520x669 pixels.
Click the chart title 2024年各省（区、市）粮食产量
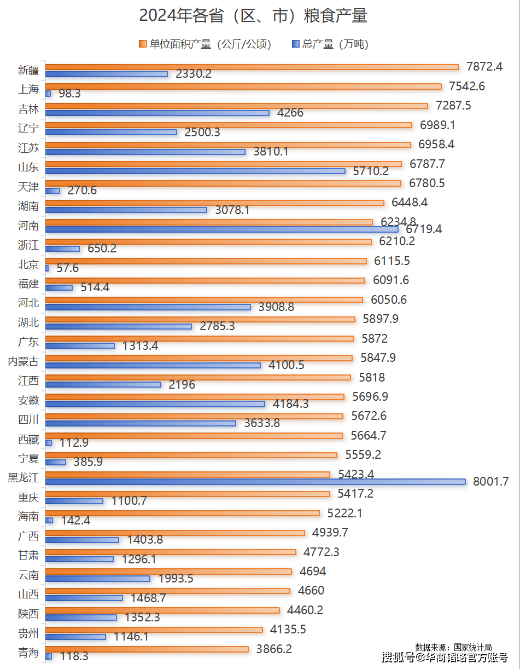[x=253, y=16]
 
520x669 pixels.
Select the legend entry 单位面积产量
[x=206, y=44]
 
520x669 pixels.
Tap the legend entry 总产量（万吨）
[x=331, y=44]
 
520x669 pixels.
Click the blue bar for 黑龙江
[x=255, y=482]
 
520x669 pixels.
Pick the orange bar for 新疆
[x=252, y=67]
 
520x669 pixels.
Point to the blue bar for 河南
[x=221, y=229]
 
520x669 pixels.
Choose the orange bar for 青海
[x=147, y=649]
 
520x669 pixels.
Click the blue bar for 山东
[x=195, y=171]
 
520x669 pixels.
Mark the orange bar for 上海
[x=243, y=86]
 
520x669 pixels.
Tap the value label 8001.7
[x=490, y=482]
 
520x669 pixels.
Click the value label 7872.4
[x=484, y=67]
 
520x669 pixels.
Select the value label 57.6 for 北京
[x=68, y=268]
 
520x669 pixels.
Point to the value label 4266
[x=290, y=113]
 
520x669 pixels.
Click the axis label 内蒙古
[x=23, y=361]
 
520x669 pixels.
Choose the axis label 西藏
[x=28, y=439]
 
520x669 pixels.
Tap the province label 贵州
[x=28, y=633]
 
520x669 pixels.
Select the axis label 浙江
[x=28, y=245]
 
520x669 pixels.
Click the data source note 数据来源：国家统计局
[x=453, y=647]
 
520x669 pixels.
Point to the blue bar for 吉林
[x=157, y=113]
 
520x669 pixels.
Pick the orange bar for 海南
[x=182, y=513]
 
